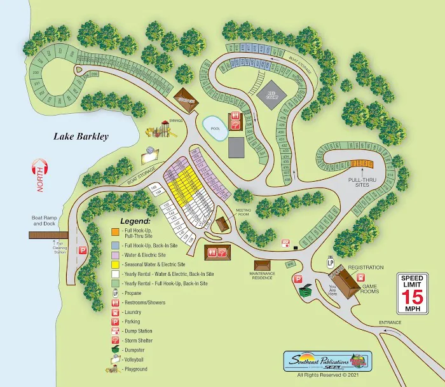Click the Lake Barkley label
tap(81, 136)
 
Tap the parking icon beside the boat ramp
tap(82, 251)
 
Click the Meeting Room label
tap(244, 211)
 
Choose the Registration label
tap(366, 268)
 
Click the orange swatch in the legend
tap(115, 231)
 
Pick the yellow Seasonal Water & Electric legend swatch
tap(115, 263)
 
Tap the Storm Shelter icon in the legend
tap(115, 339)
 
